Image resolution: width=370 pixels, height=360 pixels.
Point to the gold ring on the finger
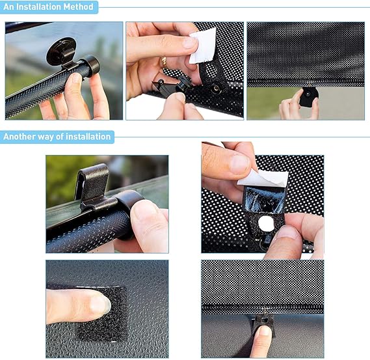click(x=163, y=61)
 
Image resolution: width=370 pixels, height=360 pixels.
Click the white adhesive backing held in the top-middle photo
click(x=203, y=46)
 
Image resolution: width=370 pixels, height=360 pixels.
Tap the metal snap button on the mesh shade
click(x=215, y=89)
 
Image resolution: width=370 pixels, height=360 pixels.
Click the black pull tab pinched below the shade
click(x=308, y=96)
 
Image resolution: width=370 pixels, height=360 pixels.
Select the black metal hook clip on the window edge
click(x=94, y=186)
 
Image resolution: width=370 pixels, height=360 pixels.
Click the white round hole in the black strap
click(x=266, y=223)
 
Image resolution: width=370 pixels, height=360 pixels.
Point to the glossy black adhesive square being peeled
click(x=263, y=199)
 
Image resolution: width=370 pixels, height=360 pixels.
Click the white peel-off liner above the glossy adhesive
click(x=263, y=178)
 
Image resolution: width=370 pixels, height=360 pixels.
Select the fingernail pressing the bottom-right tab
click(x=265, y=331)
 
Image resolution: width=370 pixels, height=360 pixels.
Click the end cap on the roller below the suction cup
click(x=90, y=66)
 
